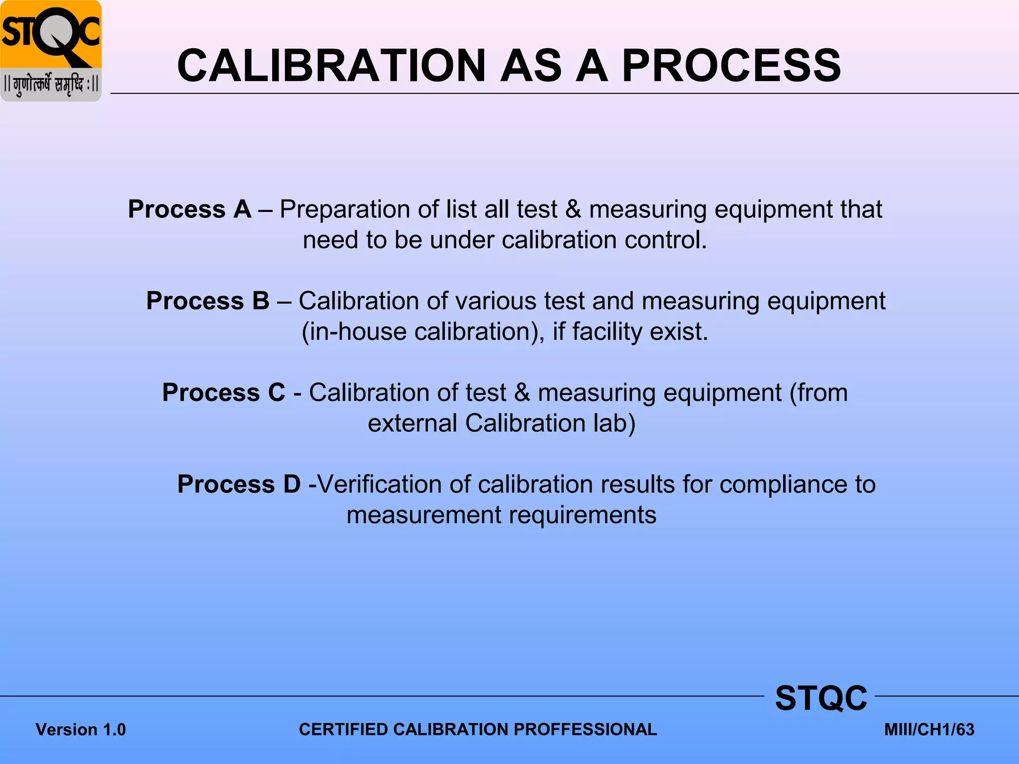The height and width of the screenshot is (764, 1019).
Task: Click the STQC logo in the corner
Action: [x=51, y=51]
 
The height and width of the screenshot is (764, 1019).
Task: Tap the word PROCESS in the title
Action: [x=731, y=66]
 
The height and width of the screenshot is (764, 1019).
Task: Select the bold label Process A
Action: [x=190, y=209]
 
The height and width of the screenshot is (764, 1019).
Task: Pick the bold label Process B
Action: [x=207, y=301]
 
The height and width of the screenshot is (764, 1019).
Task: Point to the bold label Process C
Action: [x=224, y=392]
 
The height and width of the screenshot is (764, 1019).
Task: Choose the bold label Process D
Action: [x=239, y=484]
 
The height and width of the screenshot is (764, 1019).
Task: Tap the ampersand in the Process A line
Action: [x=573, y=209]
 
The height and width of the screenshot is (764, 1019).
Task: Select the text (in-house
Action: [x=354, y=332]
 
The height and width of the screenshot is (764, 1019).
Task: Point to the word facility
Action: [x=607, y=332]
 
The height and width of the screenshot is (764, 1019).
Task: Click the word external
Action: [x=412, y=424]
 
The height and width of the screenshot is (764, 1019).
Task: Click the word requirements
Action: [x=582, y=515]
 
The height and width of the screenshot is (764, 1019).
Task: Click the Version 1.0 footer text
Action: [x=81, y=730]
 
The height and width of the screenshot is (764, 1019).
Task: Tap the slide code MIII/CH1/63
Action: [x=929, y=730]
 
